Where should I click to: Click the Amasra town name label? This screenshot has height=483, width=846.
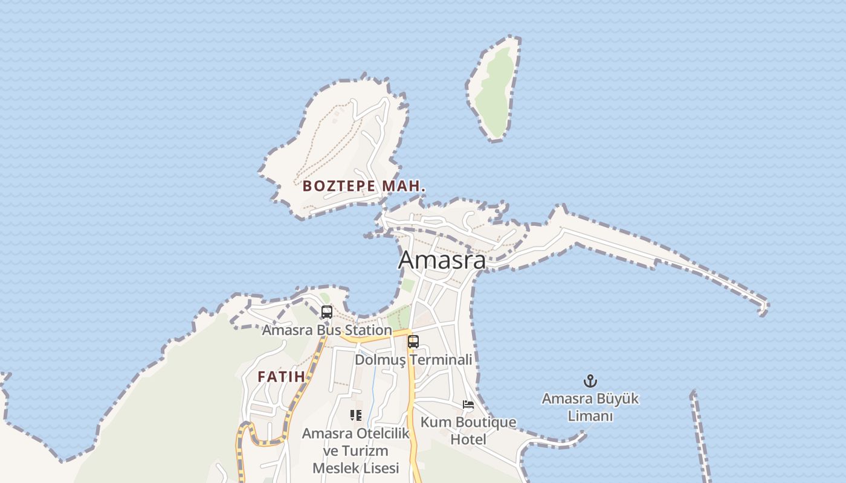[442, 260]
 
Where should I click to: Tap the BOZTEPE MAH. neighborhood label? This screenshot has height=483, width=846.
[364, 186]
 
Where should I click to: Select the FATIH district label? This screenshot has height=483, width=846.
[281, 377]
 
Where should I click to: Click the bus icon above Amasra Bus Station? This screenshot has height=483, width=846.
[327, 312]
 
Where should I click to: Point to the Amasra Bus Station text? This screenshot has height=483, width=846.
[326, 330]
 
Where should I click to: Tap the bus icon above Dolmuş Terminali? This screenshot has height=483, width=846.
[413, 341]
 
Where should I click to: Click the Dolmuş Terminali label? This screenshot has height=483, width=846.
[413, 360]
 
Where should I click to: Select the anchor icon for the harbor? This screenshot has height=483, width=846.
[590, 381]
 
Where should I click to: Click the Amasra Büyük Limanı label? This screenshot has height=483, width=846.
[590, 407]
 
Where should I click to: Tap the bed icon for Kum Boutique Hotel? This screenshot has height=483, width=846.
[468, 404]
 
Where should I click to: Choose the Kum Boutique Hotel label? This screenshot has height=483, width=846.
[468, 430]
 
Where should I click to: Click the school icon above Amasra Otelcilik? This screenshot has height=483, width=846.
[356, 415]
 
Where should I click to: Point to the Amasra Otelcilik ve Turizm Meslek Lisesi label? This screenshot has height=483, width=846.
[356, 450]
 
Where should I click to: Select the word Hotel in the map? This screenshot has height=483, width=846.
[468, 440]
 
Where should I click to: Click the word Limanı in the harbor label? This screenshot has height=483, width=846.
[590, 416]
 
